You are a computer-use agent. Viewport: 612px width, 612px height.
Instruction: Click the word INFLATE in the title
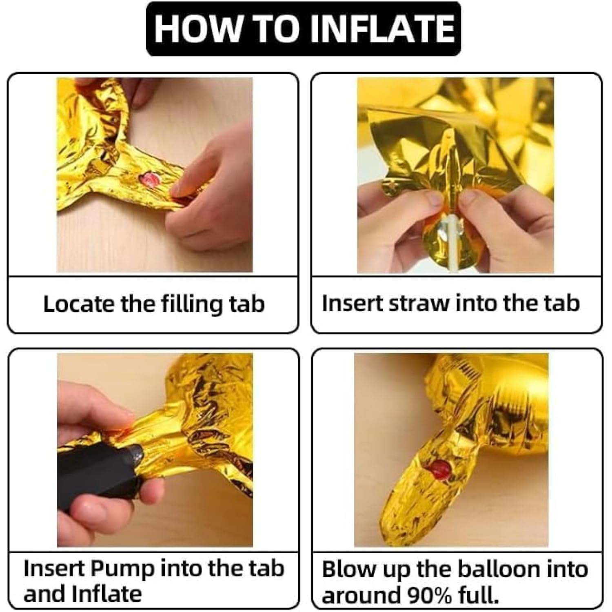[x=381, y=29]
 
